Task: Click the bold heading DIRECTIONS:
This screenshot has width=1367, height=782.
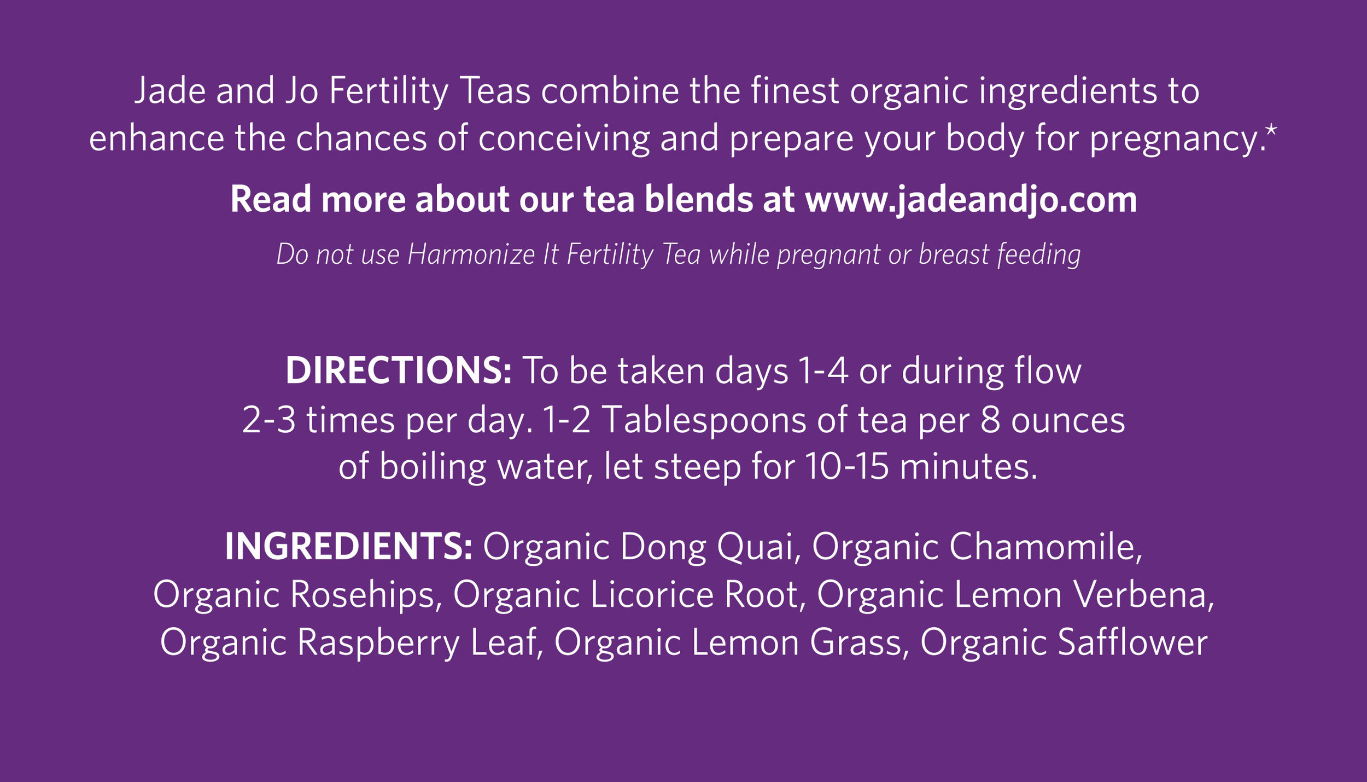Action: coord(398,371)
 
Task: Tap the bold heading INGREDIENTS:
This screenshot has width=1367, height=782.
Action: coord(348,547)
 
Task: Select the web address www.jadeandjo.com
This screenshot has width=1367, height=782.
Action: coord(971,199)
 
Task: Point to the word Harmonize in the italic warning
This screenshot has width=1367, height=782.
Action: coord(471,254)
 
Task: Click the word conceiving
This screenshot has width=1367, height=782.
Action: coord(564,138)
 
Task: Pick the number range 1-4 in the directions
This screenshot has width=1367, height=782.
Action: coord(823,371)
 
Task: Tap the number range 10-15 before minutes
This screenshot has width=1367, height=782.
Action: coord(846,467)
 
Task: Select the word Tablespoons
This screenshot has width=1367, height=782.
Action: coord(704,420)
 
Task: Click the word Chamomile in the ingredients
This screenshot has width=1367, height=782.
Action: coord(1045,547)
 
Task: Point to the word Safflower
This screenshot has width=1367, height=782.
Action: coord(1132,642)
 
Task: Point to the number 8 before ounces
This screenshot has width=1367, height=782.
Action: coord(990,420)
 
